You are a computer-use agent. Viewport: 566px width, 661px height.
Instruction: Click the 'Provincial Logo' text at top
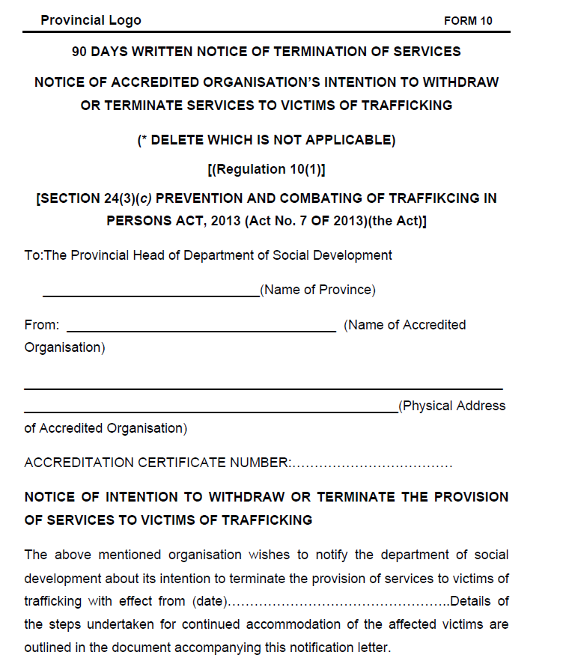(91, 20)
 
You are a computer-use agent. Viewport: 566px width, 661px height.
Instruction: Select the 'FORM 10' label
(468, 21)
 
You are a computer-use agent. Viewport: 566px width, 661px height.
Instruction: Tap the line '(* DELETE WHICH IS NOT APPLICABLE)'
(266, 140)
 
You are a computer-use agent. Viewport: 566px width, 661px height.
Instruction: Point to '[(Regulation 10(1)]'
(266, 169)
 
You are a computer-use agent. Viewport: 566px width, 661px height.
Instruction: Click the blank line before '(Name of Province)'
(150, 296)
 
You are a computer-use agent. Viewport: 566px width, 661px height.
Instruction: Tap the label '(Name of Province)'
(317, 290)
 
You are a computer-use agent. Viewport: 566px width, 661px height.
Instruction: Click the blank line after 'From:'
(201, 330)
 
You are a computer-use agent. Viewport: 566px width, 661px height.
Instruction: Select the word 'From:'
(41, 325)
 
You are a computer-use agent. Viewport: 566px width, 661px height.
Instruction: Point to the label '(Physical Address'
(452, 406)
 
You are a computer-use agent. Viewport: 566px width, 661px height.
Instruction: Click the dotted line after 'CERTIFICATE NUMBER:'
(372, 463)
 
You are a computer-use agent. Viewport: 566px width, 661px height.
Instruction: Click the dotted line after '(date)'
(338, 601)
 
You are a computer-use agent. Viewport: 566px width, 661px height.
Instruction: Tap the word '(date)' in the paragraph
(210, 601)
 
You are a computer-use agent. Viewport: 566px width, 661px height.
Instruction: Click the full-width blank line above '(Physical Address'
(263, 389)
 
